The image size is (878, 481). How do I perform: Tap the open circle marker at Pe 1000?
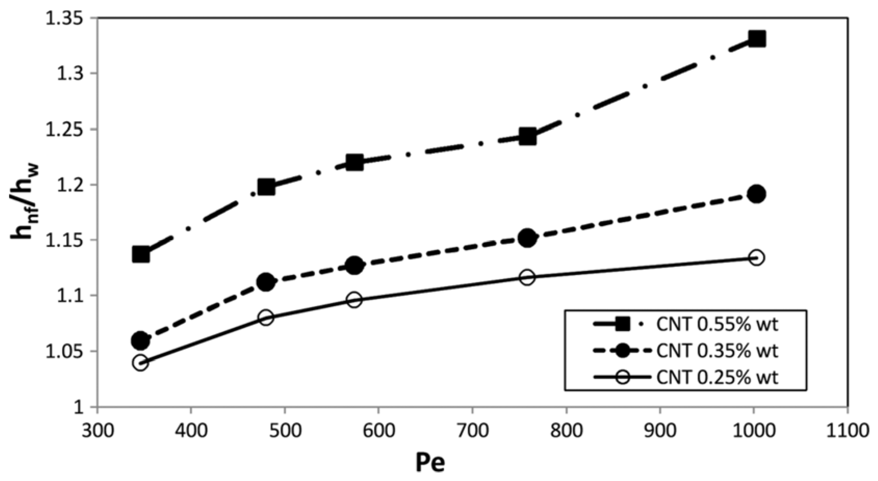pyautogui.click(x=756, y=258)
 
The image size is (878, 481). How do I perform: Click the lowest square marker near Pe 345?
pyautogui.click(x=141, y=254)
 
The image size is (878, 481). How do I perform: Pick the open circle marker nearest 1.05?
pyautogui.click(x=141, y=363)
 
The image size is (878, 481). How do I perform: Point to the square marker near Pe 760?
pyautogui.click(x=527, y=137)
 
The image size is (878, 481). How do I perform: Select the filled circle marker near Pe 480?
pyautogui.click(x=266, y=282)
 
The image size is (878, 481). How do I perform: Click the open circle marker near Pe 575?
pyautogui.click(x=354, y=300)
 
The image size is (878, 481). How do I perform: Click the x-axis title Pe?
pyautogui.click(x=430, y=463)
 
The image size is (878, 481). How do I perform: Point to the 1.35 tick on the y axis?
pyautogui.click(x=65, y=18)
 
